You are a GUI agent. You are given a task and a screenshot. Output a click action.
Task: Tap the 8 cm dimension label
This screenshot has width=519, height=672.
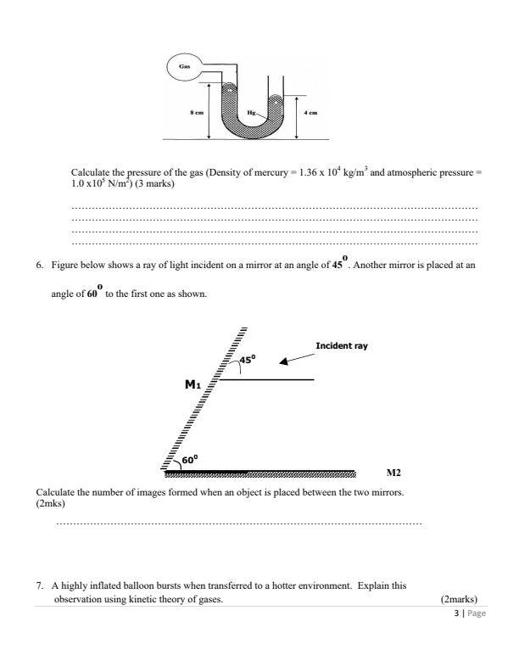(x=196, y=113)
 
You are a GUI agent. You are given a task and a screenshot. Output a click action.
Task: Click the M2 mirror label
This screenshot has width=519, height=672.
(x=394, y=473)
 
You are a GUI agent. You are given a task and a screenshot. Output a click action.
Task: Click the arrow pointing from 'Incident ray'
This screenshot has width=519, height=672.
(x=293, y=360)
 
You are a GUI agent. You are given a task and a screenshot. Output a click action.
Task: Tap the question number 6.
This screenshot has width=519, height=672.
(x=39, y=265)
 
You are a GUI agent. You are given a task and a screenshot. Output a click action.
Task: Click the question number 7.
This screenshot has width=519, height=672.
(x=39, y=585)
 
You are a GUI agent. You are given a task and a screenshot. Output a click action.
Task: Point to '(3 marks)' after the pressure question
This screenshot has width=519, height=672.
(x=157, y=182)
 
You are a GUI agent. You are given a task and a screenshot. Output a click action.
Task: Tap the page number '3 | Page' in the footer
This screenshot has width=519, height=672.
(x=472, y=613)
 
